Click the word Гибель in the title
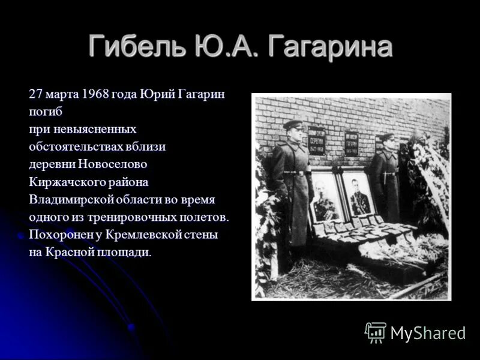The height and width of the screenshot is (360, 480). (136, 47)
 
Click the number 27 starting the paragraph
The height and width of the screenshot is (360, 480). (35, 95)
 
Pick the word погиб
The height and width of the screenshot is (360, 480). (45, 112)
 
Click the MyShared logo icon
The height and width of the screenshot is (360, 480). (376, 332)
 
